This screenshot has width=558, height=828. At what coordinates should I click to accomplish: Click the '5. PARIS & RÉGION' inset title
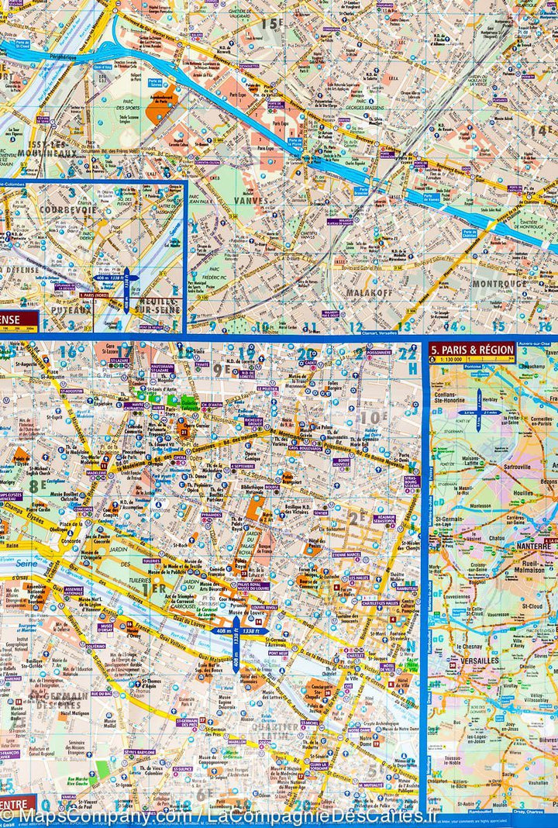[x=473, y=348]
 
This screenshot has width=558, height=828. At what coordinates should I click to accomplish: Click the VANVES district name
[x=250, y=199]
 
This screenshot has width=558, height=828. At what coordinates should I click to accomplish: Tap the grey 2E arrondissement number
[x=356, y=517]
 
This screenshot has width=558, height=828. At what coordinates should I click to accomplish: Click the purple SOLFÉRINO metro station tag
[x=95, y=645]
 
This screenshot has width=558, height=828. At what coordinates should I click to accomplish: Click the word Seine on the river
[x=9, y=561]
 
